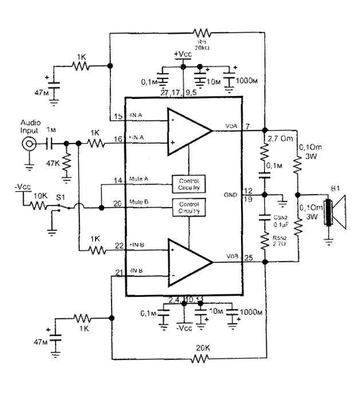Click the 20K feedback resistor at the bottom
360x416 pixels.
[201, 359]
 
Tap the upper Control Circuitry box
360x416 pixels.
[189, 183]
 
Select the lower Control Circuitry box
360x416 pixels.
[189, 207]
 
